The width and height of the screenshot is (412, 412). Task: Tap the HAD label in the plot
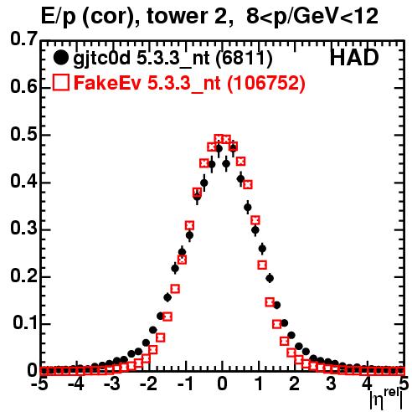tap(354, 58)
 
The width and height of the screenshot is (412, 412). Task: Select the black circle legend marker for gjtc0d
tap(60, 58)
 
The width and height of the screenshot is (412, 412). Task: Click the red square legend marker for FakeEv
tap(60, 83)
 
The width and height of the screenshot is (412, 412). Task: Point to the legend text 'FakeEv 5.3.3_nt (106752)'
tap(190, 83)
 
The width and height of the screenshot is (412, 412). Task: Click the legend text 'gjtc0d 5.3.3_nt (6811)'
tap(173, 59)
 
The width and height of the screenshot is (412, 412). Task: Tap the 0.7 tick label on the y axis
tap(23, 39)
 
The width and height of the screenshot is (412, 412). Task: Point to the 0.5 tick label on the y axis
tap(23, 134)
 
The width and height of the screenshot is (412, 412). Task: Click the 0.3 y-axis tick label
tap(23, 229)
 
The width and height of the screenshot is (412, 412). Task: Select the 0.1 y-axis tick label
tap(25, 323)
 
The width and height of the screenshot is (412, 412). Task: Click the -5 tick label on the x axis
tap(40, 384)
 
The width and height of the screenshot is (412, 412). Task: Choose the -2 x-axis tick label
tap(149, 384)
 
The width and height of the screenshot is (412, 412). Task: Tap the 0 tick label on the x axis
tap(222, 384)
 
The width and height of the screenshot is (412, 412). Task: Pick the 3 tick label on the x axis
tap(331, 384)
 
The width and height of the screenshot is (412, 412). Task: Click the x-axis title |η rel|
tap(386, 399)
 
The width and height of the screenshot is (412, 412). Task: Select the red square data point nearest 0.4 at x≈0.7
tap(248, 184)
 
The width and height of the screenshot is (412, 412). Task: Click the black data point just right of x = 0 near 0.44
tap(226, 163)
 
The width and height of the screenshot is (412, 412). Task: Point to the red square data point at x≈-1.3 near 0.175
tap(175, 289)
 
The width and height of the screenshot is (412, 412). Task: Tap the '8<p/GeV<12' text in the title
tap(312, 16)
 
